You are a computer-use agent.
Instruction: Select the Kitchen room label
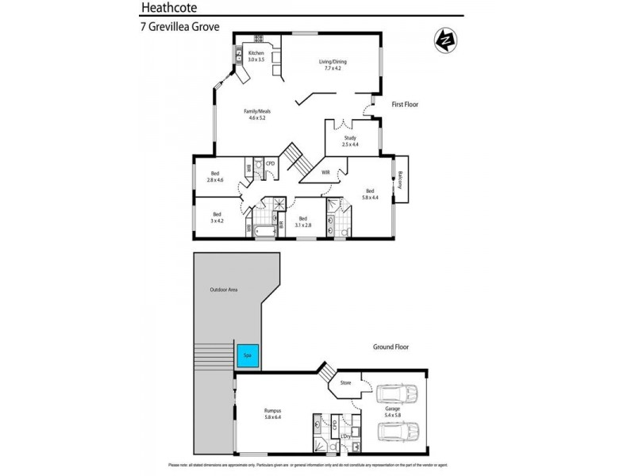(255, 56)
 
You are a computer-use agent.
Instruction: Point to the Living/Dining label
(333, 65)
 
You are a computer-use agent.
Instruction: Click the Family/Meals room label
(255, 114)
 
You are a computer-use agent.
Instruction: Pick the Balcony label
(402, 180)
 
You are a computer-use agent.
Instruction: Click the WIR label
(325, 172)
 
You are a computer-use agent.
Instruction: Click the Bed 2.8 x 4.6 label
(215, 177)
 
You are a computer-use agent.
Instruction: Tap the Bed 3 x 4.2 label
(217, 217)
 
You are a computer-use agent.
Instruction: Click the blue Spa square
(248, 355)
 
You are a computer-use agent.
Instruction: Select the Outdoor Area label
(223, 290)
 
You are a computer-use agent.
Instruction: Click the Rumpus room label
(273, 413)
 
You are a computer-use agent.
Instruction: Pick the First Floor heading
(405, 104)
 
